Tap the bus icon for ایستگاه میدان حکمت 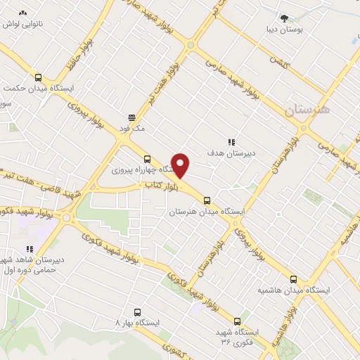[x=38, y=78]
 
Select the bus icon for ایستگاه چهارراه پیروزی [x=146, y=159]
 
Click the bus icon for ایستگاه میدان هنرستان [x=216, y=200]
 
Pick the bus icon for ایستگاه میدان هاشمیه [x=293, y=279]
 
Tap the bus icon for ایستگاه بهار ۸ [x=136, y=311]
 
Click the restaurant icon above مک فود [x=131, y=118]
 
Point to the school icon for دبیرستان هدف [x=231, y=142]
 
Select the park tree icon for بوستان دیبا [x=283, y=19]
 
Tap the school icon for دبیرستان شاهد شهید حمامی [x=30, y=249]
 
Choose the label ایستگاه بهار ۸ [x=138, y=321]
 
